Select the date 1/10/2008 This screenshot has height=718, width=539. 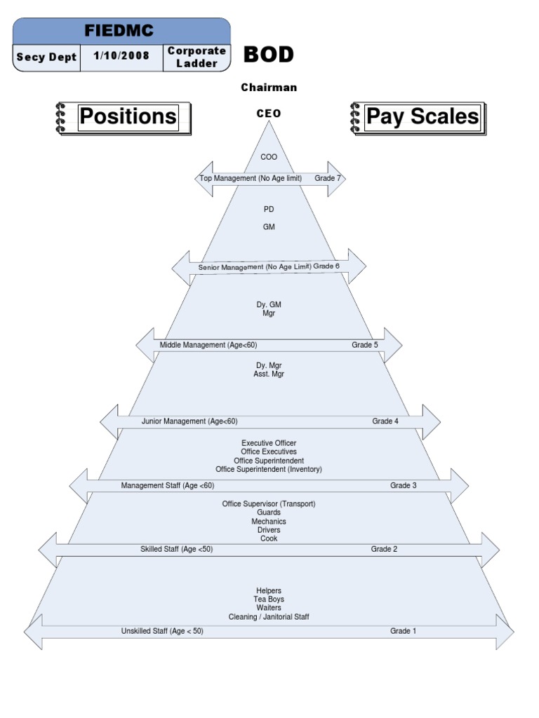[x=121, y=57]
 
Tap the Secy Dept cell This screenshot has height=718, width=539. [x=47, y=57]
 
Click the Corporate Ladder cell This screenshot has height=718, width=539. [x=197, y=57]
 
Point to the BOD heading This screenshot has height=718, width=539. [x=268, y=55]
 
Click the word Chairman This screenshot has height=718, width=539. [x=269, y=88]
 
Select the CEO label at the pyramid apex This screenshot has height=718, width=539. [x=269, y=114]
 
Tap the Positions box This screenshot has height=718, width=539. [x=128, y=116]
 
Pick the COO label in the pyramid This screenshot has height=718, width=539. [x=269, y=157]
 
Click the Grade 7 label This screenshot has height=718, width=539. [x=328, y=179]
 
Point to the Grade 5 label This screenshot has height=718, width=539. [x=365, y=345]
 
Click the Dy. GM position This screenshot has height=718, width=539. [x=269, y=305]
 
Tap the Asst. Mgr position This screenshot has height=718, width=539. [x=269, y=374]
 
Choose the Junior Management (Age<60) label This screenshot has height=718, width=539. [x=189, y=421]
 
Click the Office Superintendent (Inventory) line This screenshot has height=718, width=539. [x=269, y=469]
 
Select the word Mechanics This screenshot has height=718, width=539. [x=269, y=522]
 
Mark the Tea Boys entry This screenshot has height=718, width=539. [x=269, y=600]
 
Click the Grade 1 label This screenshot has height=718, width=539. [x=404, y=631]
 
